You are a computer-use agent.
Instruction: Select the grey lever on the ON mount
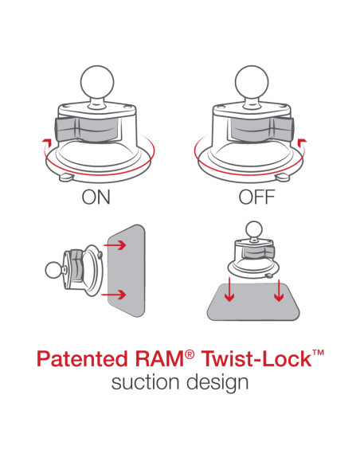click(x=74, y=127)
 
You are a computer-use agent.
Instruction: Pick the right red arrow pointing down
click(x=279, y=293)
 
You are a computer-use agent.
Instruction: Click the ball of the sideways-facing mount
click(x=55, y=272)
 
